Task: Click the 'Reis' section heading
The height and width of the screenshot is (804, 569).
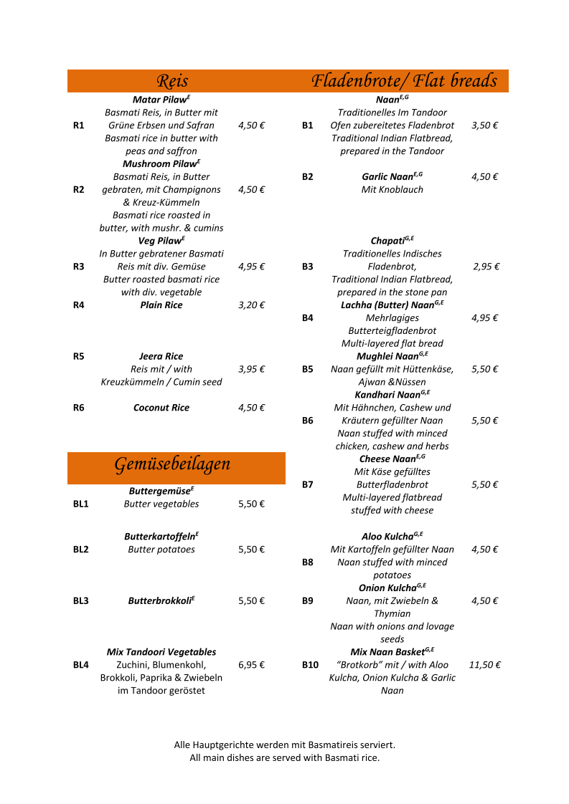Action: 172,81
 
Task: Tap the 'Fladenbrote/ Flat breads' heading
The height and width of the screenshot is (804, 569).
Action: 404,80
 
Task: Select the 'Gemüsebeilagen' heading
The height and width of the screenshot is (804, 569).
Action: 172,464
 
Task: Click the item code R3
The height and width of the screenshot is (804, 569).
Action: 79,267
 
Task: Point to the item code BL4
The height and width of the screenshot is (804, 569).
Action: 81,665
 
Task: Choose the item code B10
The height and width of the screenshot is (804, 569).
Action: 310,665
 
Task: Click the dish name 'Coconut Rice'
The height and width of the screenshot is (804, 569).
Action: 161,408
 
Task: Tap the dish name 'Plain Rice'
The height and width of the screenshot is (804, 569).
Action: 161,305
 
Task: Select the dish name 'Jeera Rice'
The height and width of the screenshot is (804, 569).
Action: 161,356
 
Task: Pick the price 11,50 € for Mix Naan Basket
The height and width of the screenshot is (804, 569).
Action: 485,665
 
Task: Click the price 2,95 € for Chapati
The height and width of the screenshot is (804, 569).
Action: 486,267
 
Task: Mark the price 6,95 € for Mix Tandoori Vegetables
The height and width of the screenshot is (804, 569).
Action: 252,665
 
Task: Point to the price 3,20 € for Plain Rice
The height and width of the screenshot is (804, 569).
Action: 252,305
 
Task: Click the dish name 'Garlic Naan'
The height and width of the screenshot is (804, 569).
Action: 390,177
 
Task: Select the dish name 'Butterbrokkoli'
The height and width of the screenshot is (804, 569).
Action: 160,601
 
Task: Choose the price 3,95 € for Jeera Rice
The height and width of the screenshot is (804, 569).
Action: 252,369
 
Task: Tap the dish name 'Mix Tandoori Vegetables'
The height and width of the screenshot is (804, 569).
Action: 161,652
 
